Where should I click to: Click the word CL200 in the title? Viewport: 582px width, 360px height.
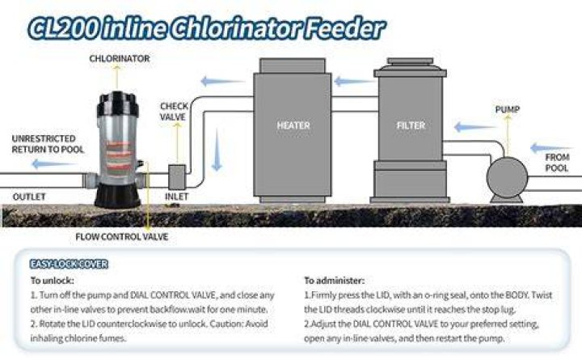click(x=64, y=28)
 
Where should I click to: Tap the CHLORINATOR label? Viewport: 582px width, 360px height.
click(x=120, y=58)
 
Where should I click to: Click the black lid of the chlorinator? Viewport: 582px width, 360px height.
click(x=118, y=104)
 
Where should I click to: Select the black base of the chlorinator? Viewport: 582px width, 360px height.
click(x=118, y=196)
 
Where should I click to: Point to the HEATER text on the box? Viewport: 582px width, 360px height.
click(x=293, y=125)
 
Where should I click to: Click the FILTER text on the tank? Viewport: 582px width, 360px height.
click(x=411, y=125)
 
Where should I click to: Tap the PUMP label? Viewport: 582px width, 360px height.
click(x=508, y=109)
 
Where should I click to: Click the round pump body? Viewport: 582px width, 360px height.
click(x=507, y=178)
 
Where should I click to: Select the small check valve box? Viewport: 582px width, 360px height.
click(x=177, y=177)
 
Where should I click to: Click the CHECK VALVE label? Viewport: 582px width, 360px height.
click(x=174, y=112)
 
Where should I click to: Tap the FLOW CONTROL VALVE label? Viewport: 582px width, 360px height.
click(x=122, y=237)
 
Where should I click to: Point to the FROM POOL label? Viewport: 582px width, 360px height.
click(x=557, y=163)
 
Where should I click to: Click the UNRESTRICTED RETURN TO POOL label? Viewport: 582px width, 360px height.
click(x=48, y=144)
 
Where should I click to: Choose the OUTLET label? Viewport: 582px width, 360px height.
click(x=29, y=197)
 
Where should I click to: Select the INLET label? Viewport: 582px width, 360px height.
click(x=177, y=196)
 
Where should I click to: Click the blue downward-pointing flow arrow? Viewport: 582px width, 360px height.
click(x=217, y=150)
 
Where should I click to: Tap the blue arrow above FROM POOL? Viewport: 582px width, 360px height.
click(x=551, y=148)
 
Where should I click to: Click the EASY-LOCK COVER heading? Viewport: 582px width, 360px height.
click(x=69, y=265)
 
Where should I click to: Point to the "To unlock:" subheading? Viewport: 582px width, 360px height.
click(x=53, y=281)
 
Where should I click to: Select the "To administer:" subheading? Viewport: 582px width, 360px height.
click(x=335, y=281)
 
